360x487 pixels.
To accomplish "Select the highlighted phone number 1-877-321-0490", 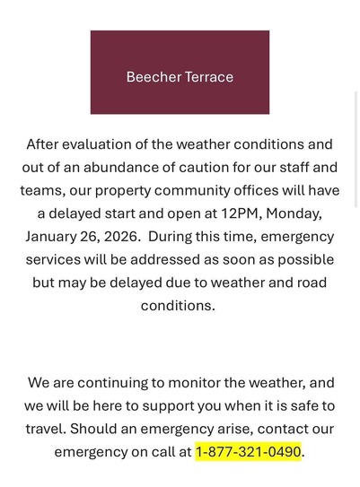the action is tap(248, 451).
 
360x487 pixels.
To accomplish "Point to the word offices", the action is tap(290, 190).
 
